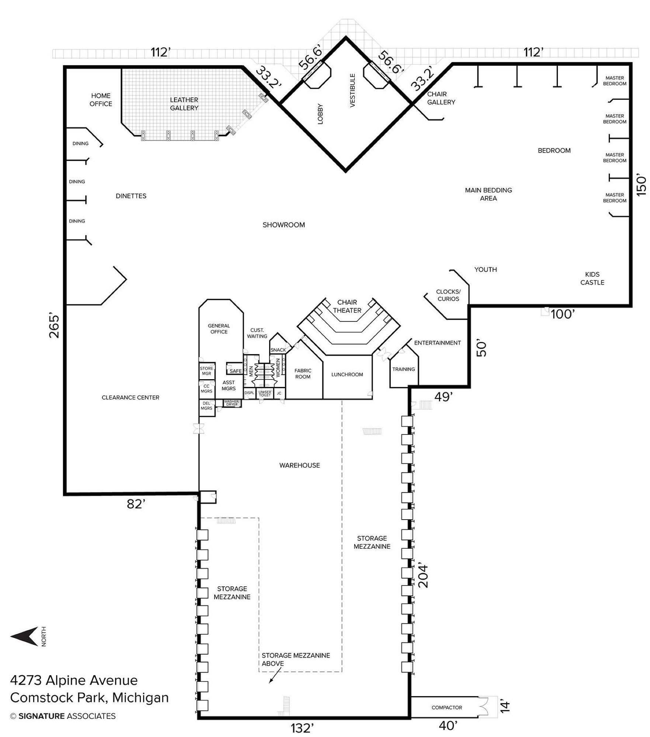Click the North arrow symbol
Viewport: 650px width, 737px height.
point(24,636)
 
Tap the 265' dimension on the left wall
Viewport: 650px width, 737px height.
point(54,326)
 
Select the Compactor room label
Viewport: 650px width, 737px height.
point(446,708)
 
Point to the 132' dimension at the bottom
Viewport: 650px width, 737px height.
point(302,728)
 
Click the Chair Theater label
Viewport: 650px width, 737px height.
point(347,306)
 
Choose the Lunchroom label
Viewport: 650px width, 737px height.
point(347,374)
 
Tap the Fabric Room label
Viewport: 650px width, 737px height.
point(303,374)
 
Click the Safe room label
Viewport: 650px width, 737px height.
point(236,371)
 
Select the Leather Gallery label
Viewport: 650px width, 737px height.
point(184,104)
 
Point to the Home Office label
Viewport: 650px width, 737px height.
point(101,100)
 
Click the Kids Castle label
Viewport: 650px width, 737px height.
point(592,278)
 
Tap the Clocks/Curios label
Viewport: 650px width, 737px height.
point(448,295)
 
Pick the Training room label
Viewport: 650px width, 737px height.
point(403,369)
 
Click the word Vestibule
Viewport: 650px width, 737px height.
point(352,90)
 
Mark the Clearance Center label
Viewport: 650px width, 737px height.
point(131,398)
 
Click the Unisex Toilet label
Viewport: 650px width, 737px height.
point(265,394)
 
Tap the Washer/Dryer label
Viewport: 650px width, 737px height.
point(232,403)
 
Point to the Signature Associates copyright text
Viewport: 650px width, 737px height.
point(63,716)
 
